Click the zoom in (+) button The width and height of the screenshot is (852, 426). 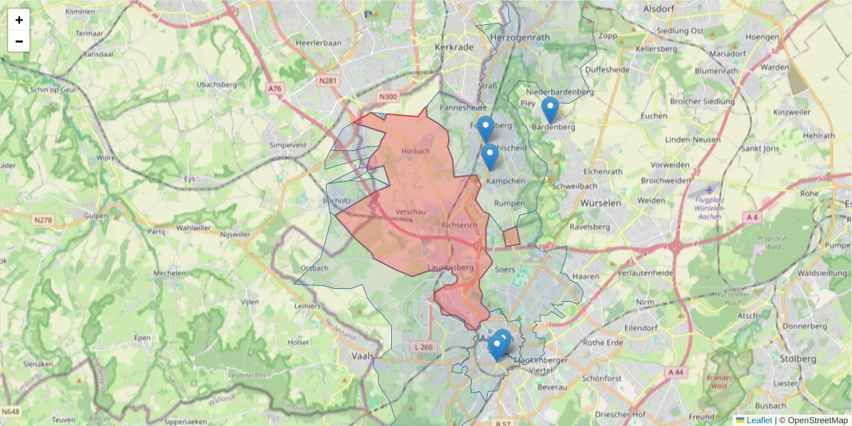click(19, 20)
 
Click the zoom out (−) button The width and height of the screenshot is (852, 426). click(19, 41)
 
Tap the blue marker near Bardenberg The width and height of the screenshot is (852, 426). click(550, 110)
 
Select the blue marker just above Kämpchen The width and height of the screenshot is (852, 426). click(489, 157)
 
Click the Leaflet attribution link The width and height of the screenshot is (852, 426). click(759, 420)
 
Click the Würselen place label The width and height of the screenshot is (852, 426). click(601, 203)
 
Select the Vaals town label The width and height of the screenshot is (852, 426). click(363, 356)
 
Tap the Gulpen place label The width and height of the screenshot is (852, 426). click(97, 215)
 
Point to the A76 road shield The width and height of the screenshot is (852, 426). click(275, 88)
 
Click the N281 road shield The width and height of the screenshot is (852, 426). click(328, 81)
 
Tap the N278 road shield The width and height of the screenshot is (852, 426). click(43, 221)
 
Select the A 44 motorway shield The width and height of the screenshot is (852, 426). click(675, 371)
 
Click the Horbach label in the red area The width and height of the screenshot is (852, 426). click(415, 151)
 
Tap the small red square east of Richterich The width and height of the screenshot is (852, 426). click(511, 237)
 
